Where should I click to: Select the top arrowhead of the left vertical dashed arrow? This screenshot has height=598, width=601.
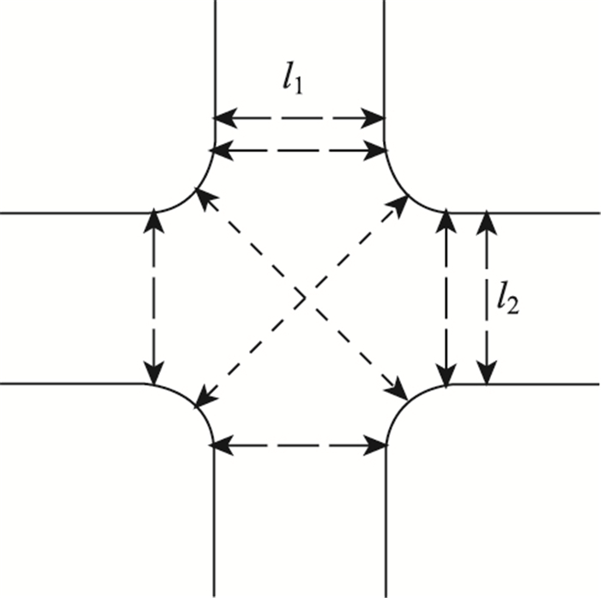[154, 218]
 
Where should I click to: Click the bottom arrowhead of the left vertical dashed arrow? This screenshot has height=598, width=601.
[154, 377]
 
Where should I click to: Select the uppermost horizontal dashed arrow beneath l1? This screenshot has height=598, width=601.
[299, 118]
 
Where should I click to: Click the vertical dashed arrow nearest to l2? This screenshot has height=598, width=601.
[487, 298]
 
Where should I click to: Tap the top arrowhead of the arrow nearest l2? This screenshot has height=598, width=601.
[487, 219]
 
